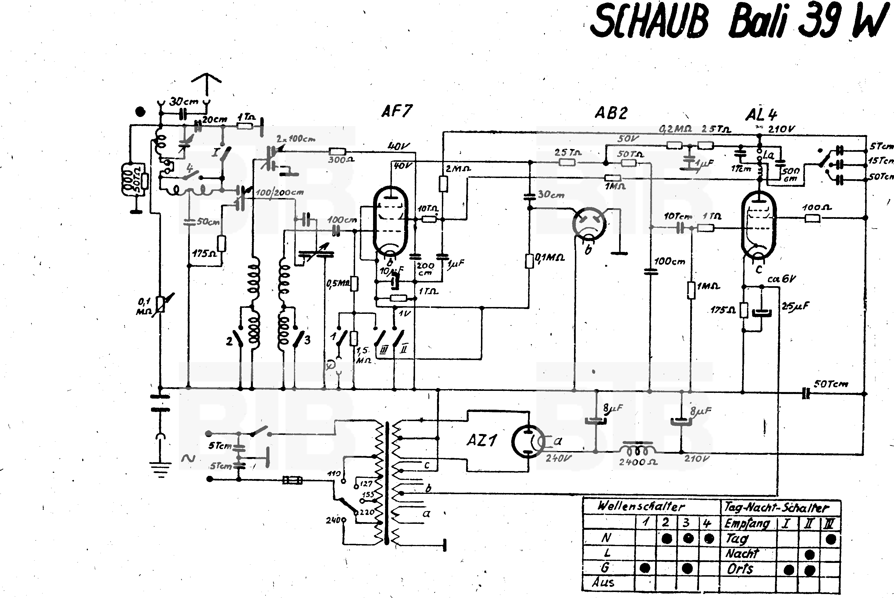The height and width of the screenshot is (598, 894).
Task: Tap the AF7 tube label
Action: [x=396, y=111]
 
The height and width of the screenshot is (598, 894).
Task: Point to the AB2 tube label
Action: [x=611, y=113]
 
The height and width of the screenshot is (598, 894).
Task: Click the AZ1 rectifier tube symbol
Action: [x=528, y=441]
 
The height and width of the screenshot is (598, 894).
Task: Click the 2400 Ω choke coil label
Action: [x=638, y=462]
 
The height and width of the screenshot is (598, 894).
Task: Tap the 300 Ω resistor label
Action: [x=341, y=160]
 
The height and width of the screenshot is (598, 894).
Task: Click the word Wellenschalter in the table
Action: [x=641, y=506]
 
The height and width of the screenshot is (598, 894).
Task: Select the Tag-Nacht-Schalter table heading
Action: [x=776, y=508]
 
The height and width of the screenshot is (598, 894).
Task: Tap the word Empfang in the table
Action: [x=747, y=524]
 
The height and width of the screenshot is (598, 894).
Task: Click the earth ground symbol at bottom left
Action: [x=160, y=469]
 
